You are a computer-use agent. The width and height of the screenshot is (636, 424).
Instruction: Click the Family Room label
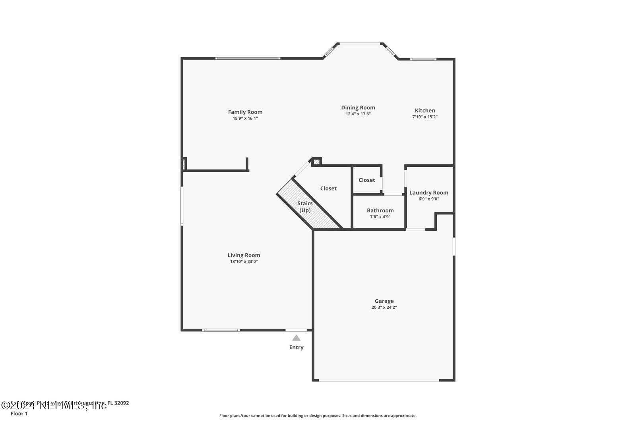pos(245,112)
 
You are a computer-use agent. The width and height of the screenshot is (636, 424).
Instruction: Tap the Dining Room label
pos(358,107)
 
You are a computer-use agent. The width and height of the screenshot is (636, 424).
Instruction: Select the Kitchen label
pos(425,111)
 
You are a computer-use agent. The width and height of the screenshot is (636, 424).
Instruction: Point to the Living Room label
pos(244,255)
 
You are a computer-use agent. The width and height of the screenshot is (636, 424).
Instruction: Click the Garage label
pos(384,301)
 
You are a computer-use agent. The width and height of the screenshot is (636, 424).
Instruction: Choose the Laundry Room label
pos(429,193)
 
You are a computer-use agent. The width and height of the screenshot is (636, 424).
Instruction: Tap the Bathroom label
pos(380,210)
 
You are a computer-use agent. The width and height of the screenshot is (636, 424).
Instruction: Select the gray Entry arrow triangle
pos(296,338)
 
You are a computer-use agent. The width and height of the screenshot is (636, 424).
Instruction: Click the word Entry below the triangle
pos(296,347)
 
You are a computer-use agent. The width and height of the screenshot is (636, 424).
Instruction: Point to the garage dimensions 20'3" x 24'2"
pos(384,307)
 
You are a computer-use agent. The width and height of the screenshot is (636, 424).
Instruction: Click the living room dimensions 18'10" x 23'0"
pos(244,262)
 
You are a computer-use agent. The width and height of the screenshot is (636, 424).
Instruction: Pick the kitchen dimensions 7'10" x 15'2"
pos(425,117)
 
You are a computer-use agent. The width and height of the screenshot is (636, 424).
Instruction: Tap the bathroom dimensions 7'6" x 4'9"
pos(380,217)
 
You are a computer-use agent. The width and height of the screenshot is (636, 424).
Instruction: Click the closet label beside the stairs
pos(328,189)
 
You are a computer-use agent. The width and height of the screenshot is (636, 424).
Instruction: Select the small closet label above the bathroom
pos(366,180)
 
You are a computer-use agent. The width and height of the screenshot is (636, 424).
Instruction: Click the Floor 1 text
pos(19,414)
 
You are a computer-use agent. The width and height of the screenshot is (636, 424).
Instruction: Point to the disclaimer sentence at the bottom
pos(318,416)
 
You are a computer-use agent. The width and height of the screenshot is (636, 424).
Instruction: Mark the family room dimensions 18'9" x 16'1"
pos(245,119)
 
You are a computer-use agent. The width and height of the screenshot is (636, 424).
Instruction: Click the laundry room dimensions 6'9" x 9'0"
pos(429,199)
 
